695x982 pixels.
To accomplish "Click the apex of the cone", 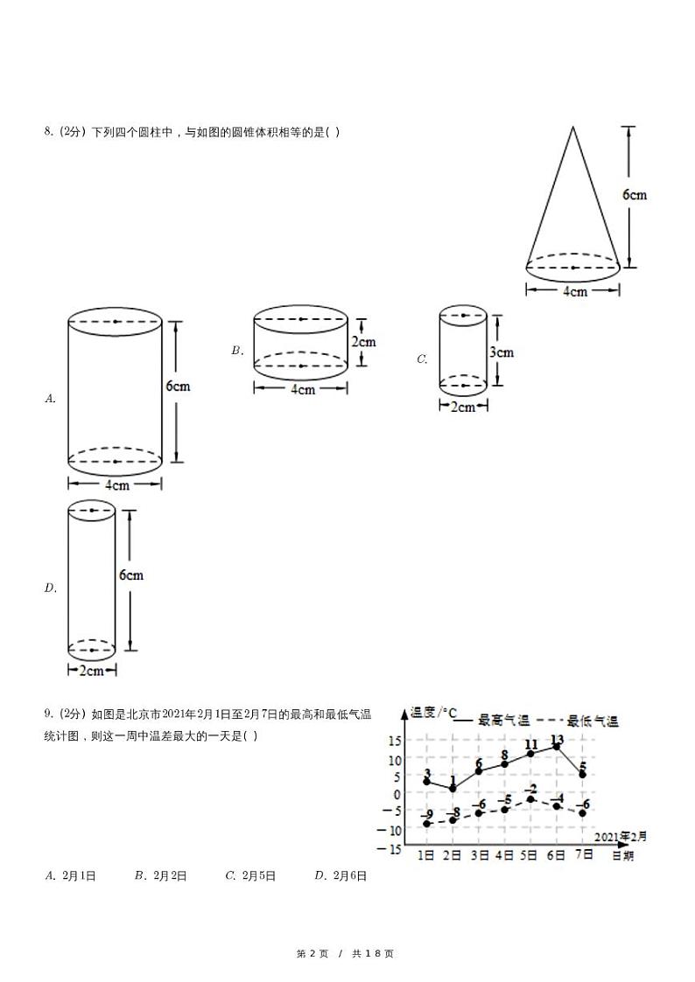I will (573, 128).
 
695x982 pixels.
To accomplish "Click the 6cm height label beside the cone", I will (635, 194).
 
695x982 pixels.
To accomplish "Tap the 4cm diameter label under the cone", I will (573, 291).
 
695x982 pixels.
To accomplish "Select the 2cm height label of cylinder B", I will (363, 342).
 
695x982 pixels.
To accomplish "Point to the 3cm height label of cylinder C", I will (501, 352).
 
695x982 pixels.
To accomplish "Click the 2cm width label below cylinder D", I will (92, 671).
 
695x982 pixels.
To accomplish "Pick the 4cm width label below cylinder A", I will (116, 484).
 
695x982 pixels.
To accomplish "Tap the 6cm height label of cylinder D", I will (131, 575).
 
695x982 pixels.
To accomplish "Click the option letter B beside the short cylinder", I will (236, 351).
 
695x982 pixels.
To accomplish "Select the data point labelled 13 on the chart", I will (557, 747).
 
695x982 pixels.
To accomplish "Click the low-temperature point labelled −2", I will (530, 799).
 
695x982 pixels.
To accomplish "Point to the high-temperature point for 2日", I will (453, 789).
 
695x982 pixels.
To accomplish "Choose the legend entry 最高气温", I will (503, 721).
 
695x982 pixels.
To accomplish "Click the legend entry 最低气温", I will (592, 721).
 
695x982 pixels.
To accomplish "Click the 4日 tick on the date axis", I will (504, 855).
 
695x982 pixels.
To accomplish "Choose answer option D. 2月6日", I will (340, 874).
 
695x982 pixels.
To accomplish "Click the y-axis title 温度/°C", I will (435, 713).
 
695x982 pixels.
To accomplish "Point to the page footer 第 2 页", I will (312, 953).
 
